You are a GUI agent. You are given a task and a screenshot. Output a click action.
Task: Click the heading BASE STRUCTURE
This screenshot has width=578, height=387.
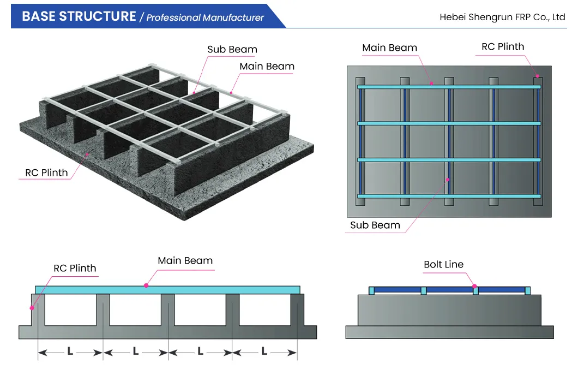[79, 16]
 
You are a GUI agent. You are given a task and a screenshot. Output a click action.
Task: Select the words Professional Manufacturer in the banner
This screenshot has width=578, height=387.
[205, 17]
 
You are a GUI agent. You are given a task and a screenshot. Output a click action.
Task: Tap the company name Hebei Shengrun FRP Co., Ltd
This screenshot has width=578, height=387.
[502, 17]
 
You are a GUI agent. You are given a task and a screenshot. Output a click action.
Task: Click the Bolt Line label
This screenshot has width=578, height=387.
[443, 265]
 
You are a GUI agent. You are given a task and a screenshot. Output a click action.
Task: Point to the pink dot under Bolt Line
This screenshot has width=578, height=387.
[474, 285]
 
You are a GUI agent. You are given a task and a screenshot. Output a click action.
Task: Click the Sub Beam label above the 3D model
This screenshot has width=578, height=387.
[232, 49]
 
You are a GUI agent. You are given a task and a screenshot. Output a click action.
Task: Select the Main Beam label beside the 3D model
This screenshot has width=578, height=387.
[267, 66]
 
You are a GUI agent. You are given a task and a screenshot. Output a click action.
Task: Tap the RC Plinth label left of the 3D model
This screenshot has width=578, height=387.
[46, 172]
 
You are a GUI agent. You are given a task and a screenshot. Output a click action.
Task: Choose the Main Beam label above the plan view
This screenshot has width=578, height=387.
[389, 47]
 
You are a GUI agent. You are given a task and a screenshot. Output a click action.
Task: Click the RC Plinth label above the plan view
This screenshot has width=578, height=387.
[503, 46]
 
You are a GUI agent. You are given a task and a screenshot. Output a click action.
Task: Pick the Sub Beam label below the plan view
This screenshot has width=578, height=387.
[375, 225]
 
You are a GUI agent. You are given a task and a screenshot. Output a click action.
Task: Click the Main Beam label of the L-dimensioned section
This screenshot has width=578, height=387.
[185, 260]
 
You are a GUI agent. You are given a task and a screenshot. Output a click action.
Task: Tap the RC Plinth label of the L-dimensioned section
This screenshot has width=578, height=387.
[75, 268]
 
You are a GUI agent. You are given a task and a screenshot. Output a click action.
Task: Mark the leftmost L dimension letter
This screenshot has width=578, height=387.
[70, 352]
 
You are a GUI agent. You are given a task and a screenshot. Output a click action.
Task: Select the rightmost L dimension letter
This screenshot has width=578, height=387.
[264, 352]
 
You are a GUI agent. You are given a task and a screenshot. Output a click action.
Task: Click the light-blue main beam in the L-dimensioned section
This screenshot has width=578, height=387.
[218, 289]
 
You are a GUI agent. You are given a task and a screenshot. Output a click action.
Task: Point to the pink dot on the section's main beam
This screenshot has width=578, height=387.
[146, 285]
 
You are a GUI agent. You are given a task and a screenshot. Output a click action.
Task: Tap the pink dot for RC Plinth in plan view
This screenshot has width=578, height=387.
[537, 76]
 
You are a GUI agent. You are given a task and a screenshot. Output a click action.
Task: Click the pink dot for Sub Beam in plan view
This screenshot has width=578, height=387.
[448, 179]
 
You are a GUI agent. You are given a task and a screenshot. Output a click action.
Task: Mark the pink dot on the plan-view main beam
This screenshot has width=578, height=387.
[431, 84]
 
